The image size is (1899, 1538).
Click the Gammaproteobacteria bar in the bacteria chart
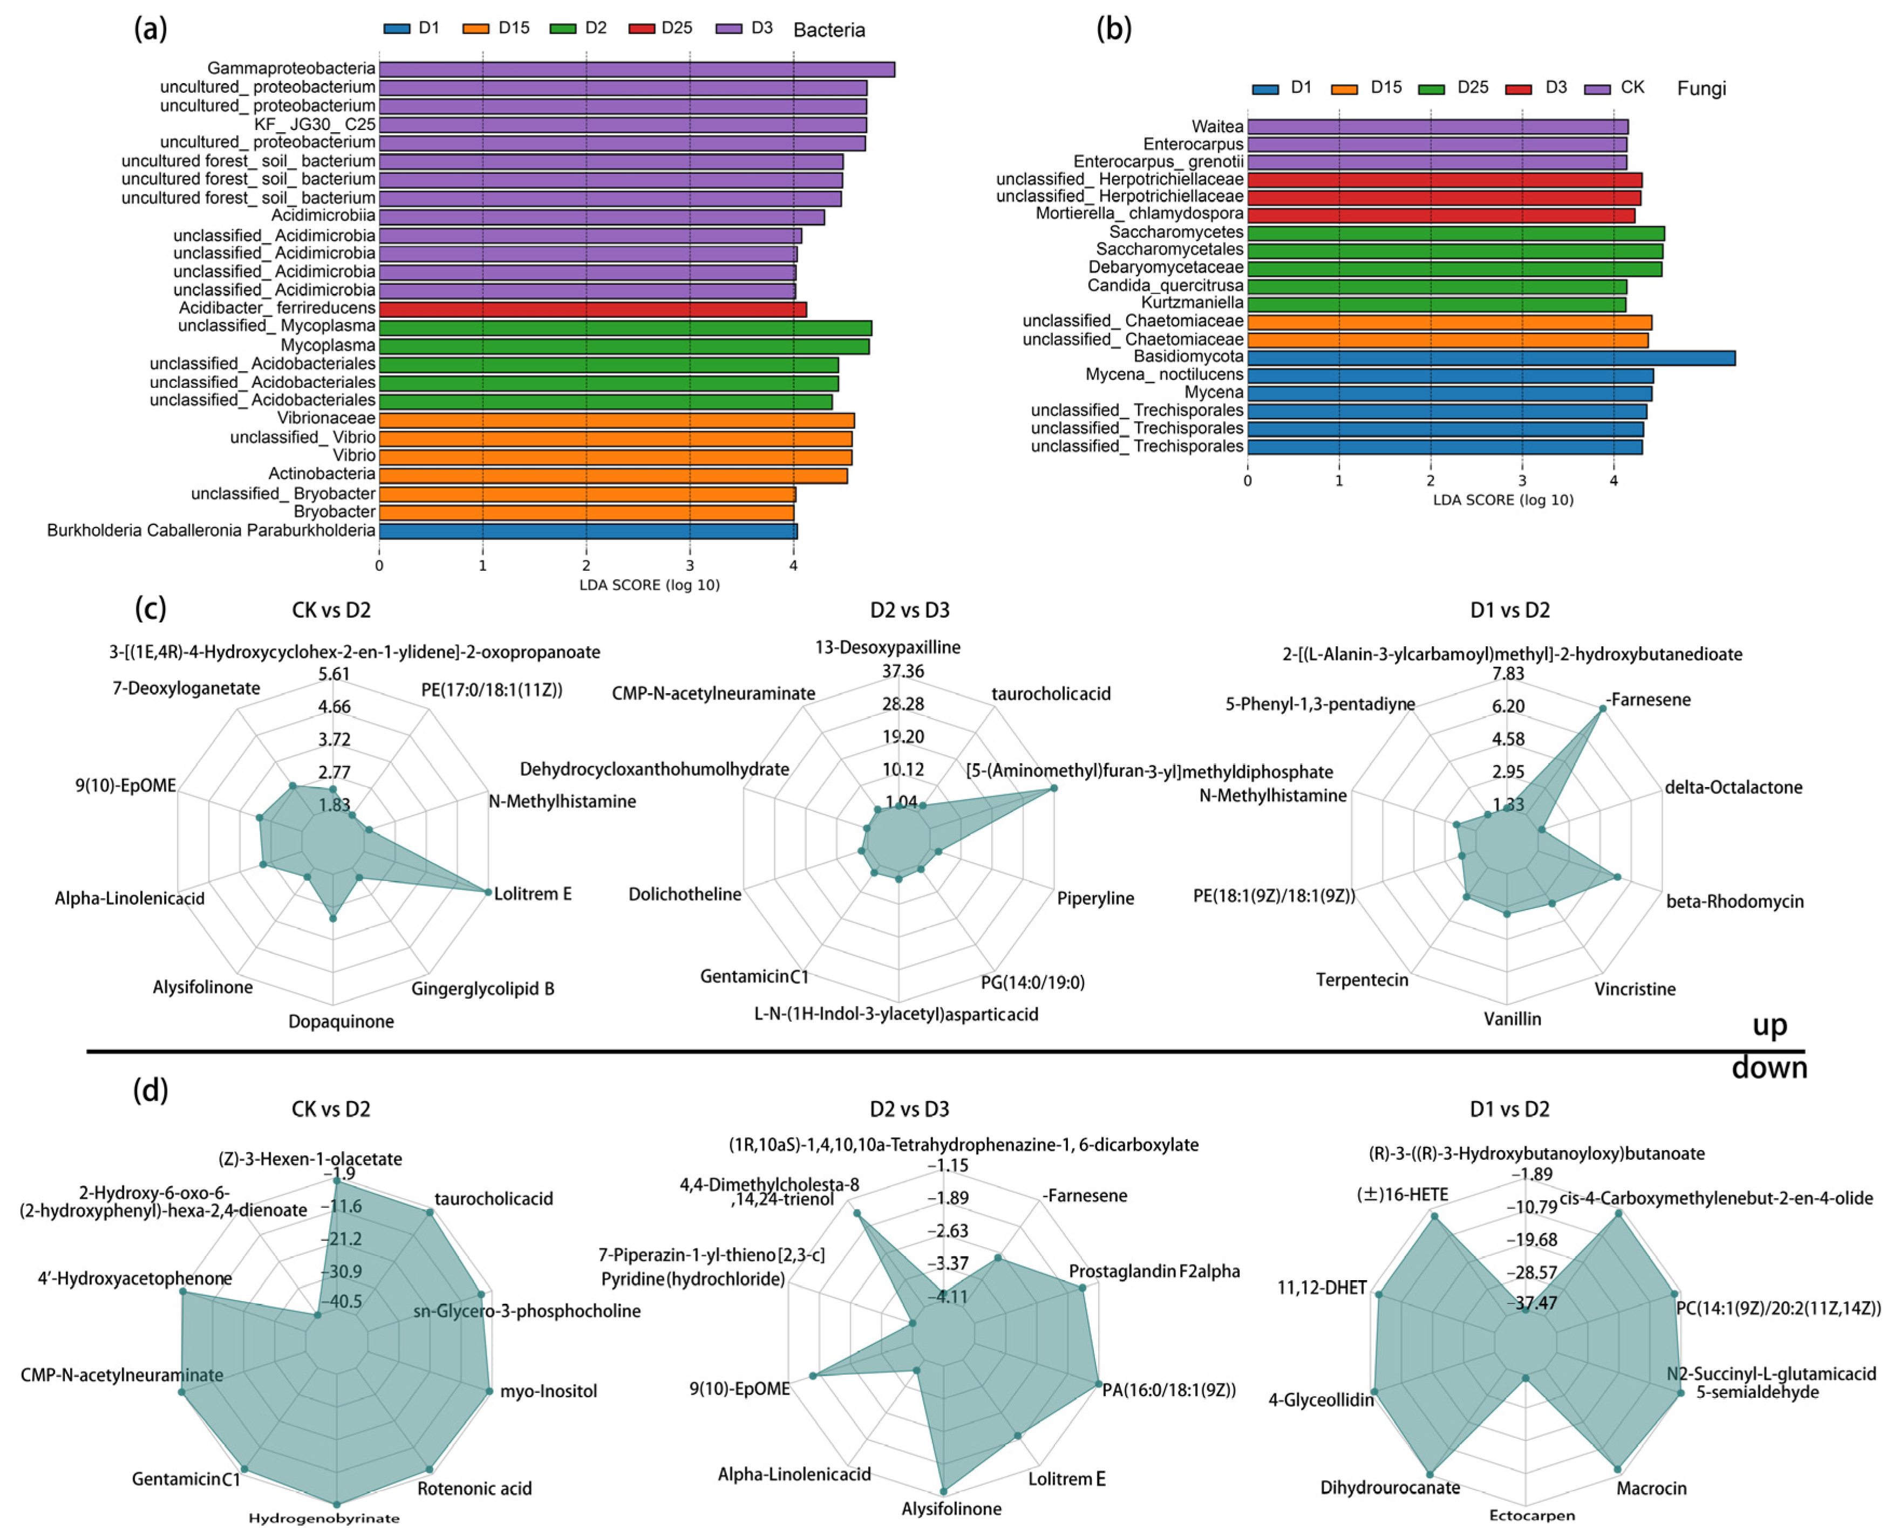636,69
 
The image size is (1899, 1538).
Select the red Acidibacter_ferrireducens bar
592,309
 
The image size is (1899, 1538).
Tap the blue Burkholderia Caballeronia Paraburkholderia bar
588,531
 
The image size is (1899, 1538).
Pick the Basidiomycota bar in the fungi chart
1490,358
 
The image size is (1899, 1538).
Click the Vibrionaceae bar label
326,418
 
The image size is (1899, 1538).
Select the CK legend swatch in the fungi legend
1597,88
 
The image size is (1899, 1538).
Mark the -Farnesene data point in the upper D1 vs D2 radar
1602,709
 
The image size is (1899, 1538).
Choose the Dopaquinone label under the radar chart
341,1022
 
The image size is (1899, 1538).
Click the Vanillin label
1513,1019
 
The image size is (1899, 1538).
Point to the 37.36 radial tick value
903,672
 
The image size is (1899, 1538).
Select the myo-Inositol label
548,1391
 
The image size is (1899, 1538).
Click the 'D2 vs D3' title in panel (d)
909,1109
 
